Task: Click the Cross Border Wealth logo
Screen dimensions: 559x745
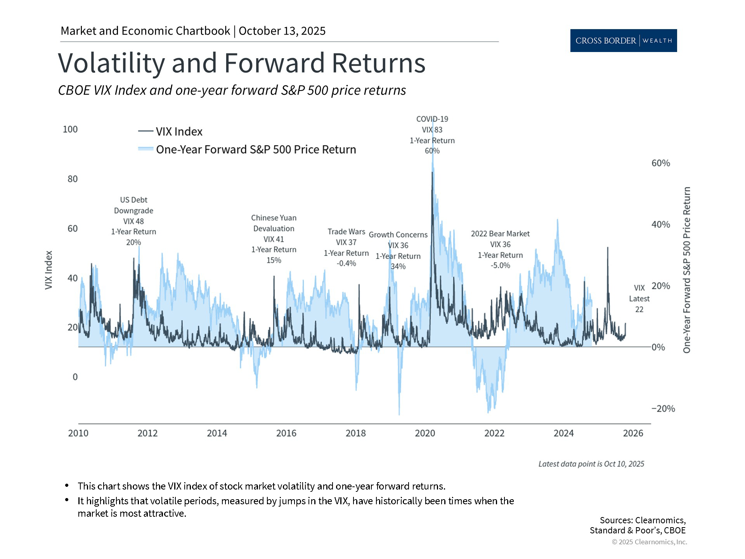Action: (623, 40)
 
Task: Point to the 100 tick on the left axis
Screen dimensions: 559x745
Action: (70, 129)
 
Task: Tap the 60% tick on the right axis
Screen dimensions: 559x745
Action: (660, 163)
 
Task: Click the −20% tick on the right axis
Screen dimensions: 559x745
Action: (663, 408)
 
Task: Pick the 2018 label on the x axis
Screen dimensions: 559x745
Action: (355, 433)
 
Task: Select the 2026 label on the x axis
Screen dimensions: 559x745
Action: (633, 433)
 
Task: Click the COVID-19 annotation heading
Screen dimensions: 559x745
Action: (432, 119)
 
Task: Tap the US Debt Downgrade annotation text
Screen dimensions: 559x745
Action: (133, 205)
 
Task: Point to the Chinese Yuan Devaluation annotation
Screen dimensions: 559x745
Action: (274, 223)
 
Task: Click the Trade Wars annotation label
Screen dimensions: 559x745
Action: (346, 232)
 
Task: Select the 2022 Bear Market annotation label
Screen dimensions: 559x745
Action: (500, 234)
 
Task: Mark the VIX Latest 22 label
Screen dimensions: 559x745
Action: (639, 299)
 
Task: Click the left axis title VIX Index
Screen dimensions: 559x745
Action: (49, 270)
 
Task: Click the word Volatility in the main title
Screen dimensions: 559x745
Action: (111, 63)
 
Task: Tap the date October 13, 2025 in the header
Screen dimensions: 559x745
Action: (282, 31)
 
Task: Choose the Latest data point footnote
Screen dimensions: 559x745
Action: (591, 464)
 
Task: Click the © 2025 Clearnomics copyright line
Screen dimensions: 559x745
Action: (649, 542)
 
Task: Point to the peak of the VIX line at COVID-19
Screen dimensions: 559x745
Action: (432, 172)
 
